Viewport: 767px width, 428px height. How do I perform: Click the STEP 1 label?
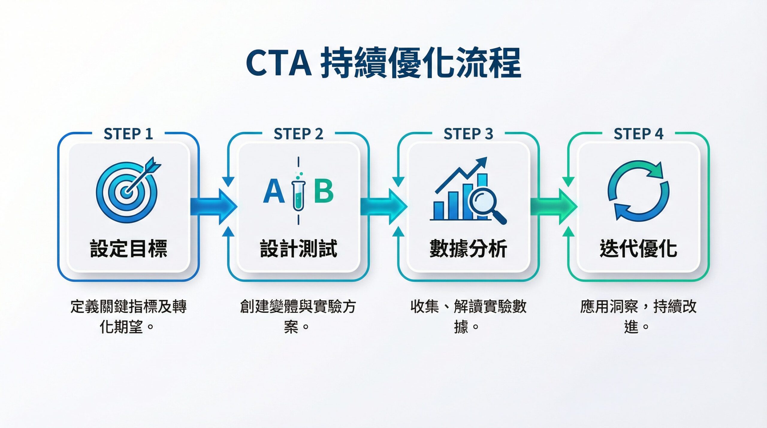[x=128, y=134]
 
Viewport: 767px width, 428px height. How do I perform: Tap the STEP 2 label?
[x=298, y=134]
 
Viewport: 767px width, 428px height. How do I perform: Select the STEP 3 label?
[x=468, y=134]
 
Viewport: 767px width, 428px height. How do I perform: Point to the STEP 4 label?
[x=638, y=134]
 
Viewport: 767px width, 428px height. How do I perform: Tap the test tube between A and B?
[x=298, y=193]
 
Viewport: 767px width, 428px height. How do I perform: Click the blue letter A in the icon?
[x=274, y=192]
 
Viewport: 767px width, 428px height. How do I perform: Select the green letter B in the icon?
[x=324, y=191]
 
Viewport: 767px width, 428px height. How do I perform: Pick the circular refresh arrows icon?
[x=638, y=191]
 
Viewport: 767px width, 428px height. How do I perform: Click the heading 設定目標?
[x=128, y=249]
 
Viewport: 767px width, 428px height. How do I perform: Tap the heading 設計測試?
[x=298, y=249]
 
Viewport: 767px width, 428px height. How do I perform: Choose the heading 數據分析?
[x=468, y=249]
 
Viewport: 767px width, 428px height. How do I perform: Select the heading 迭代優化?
[x=638, y=249]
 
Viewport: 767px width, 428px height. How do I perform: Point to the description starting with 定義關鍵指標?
[x=128, y=316]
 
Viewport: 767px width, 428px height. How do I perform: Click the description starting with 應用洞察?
[x=638, y=316]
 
